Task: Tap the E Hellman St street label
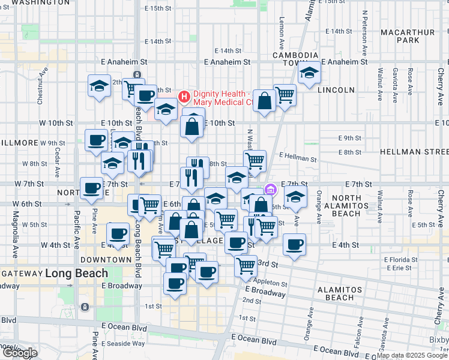pos(298,158)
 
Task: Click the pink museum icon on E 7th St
pos(271,190)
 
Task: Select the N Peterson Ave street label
pos(364,28)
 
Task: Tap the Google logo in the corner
pos(19,353)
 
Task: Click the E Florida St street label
pos(401,260)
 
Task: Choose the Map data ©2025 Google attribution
pos(412,356)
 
